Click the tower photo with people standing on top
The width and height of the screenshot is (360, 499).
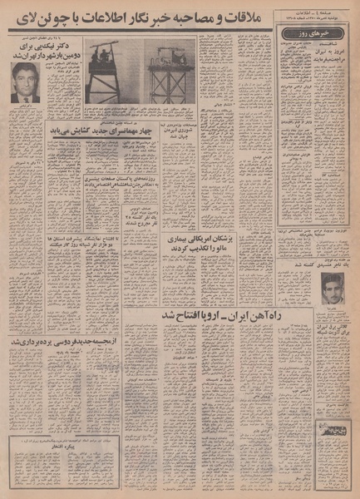click(x=117, y=75)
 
